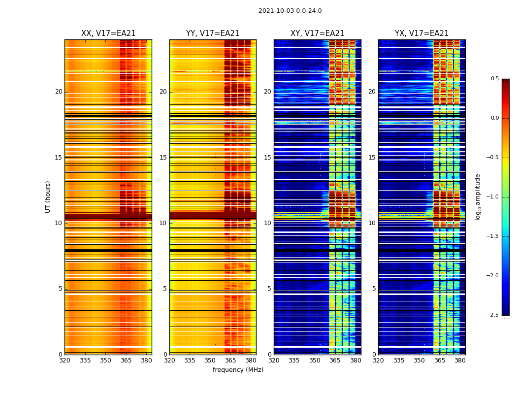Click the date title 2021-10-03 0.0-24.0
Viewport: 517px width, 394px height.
[290, 11]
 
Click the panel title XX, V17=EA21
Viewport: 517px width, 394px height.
[108, 33]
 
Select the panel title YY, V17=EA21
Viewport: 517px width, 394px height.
[213, 33]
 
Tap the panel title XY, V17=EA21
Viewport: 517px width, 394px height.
[317, 33]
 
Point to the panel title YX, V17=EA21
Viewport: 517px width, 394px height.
[421, 33]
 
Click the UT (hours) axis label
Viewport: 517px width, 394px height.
[48, 197]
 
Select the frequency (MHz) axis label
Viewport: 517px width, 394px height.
[238, 370]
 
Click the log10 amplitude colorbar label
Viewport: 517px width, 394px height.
[478, 197]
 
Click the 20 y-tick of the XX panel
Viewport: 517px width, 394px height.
[59, 92]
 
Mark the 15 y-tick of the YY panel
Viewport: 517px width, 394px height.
[163, 158]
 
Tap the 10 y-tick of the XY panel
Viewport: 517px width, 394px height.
[267, 223]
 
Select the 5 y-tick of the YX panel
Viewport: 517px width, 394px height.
[374, 289]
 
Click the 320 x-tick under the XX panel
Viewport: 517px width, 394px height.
[65, 361]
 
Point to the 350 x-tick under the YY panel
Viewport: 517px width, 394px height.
[210, 361]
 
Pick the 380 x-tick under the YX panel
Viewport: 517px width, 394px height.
[460, 361]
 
